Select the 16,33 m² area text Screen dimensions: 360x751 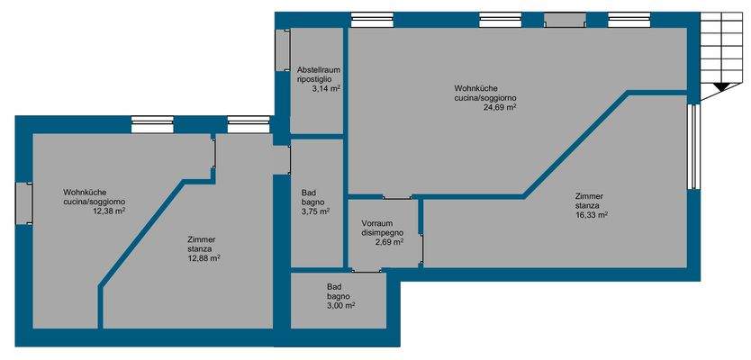pos(593,215)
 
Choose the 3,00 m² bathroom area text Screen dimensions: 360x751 pos(339,305)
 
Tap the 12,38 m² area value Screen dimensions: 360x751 pos(108,211)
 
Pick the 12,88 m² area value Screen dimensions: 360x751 pos(204,258)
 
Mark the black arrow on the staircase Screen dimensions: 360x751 pos(720,87)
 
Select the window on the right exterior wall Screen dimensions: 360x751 pos(692,147)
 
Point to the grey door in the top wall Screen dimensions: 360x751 pos(565,20)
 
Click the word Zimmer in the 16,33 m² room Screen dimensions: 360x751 pos(590,195)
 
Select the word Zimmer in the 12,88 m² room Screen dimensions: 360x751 pos(202,238)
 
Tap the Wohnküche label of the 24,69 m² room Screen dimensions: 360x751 pos(475,87)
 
